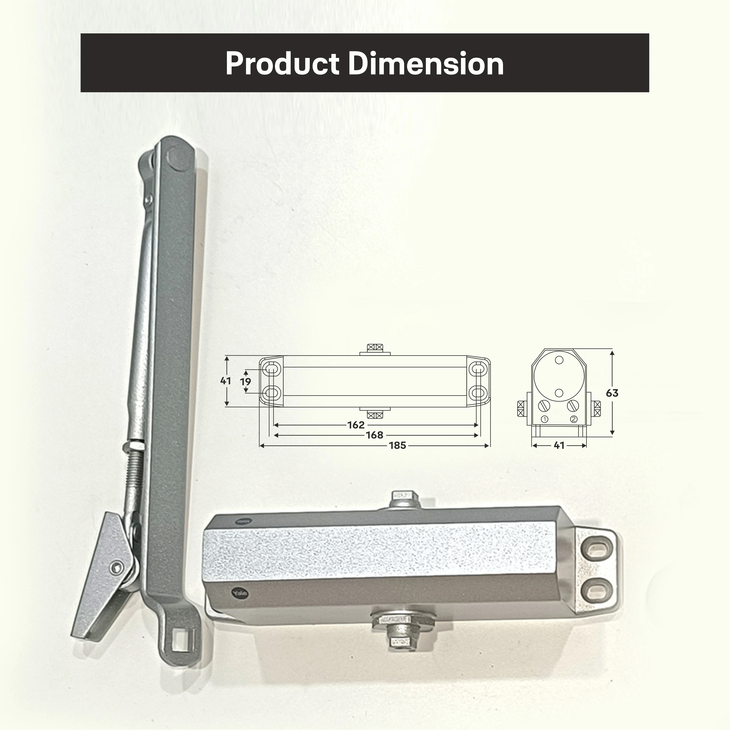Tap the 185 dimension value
point(398,446)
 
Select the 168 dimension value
point(374,435)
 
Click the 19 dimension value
point(246,381)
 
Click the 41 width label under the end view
point(559,446)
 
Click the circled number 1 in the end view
point(544,419)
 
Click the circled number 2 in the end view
point(574,419)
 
